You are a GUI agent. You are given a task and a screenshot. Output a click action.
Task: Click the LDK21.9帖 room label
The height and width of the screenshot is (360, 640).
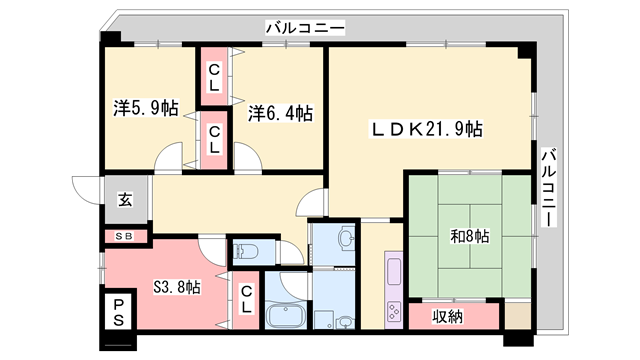(x=426, y=129)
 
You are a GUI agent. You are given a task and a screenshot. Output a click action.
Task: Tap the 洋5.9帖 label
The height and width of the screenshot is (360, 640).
(x=146, y=108)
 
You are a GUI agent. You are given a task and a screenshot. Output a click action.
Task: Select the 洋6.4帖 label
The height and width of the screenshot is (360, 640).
(x=280, y=113)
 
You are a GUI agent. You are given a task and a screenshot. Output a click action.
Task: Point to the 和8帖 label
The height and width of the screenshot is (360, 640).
(x=469, y=236)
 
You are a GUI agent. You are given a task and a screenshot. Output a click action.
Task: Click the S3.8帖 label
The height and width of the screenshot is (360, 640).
(x=177, y=287)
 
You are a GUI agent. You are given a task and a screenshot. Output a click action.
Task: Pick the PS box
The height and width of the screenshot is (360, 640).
(x=118, y=312)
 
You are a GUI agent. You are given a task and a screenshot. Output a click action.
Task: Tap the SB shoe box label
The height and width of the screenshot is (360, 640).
(x=124, y=236)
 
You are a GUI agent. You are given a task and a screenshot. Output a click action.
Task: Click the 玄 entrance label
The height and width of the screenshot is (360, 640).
(x=125, y=200)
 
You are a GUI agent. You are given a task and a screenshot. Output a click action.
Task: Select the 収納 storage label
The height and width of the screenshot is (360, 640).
(x=448, y=316)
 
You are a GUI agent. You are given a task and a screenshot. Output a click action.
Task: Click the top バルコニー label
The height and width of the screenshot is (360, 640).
(x=305, y=28)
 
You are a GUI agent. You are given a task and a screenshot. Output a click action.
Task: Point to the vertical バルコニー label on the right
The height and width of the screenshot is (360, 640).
(x=549, y=187)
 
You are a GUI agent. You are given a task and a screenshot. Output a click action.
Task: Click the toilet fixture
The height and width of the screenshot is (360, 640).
(x=245, y=251)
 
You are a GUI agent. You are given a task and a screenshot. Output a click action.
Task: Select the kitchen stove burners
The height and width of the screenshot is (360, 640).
(x=394, y=311)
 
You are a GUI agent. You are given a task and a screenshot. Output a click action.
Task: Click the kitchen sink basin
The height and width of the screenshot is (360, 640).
(x=394, y=271)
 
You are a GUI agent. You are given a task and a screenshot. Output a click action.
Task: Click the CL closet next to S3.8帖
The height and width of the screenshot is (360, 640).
(x=246, y=300)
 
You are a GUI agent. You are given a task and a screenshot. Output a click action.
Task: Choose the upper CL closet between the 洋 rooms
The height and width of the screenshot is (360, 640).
(x=214, y=77)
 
